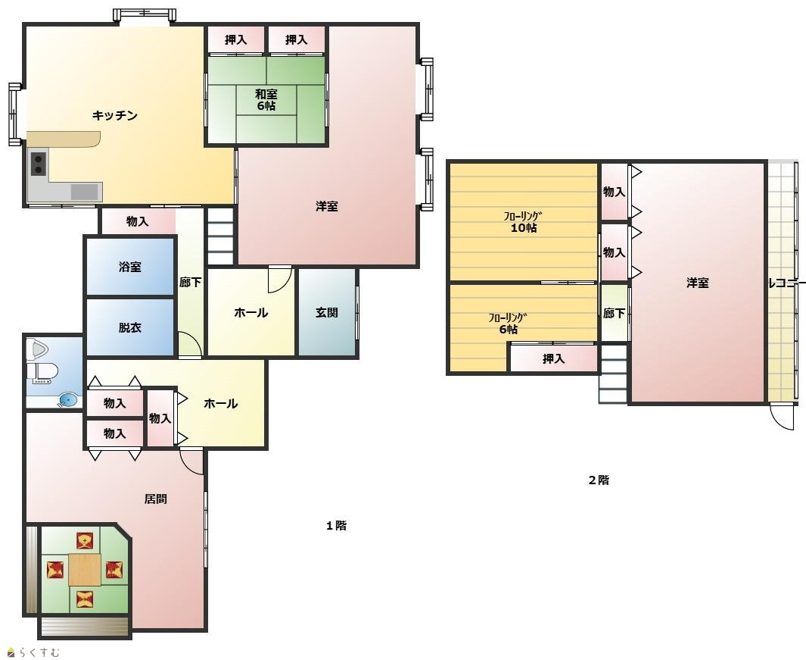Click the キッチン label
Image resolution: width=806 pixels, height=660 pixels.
tap(114, 115)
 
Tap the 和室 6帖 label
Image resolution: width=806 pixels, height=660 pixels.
tap(266, 100)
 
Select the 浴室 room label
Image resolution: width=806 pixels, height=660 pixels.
tap(129, 267)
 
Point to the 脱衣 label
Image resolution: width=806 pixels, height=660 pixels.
tap(129, 327)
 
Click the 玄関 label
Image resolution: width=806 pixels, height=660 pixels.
tap(326, 312)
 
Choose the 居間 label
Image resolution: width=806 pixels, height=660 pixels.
tap(155, 499)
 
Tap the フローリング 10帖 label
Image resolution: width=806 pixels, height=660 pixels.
tap(523, 222)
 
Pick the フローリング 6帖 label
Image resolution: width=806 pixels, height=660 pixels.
tap(509, 324)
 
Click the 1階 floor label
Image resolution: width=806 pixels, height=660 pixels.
tap(336, 526)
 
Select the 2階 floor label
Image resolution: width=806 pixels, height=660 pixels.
tap(599, 480)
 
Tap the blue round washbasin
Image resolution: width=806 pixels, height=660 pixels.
tap(68, 399)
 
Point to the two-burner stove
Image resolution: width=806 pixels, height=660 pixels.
tap(38, 164)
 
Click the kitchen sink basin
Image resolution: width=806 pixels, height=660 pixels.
tap(84, 192)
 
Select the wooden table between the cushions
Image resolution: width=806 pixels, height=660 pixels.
tap(85, 569)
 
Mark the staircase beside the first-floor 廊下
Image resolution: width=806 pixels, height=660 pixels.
tap(220, 236)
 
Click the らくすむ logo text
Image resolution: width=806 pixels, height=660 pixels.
tap(39, 652)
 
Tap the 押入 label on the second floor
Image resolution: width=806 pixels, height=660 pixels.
tap(554, 359)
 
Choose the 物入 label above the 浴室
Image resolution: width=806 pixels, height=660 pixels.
tap(137, 221)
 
